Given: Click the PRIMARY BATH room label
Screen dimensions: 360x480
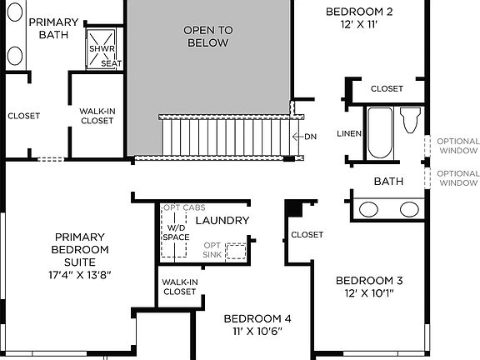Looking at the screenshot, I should pos(53,28).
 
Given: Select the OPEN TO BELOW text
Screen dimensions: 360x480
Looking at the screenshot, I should pos(207,36).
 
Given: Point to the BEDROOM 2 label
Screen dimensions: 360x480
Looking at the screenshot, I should pos(358,18).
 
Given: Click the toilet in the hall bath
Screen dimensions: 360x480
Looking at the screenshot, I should pos(409,120).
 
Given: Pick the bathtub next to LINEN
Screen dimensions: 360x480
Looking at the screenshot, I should pos(380,132).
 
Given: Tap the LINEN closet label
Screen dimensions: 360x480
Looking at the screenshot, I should pos(349,133).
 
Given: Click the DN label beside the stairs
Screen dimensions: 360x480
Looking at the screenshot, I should pos(310,137).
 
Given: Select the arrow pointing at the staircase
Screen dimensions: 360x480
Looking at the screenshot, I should pos(297,137).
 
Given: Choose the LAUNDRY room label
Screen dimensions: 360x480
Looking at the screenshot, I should pos(222,220).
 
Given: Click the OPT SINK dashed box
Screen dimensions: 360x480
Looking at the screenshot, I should pos(237,252).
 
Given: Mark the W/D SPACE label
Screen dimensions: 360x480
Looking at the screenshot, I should pos(175,232).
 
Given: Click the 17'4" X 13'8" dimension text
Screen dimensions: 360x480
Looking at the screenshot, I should pos(80,273).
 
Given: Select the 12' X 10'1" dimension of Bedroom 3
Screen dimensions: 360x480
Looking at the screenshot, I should pos(370,292).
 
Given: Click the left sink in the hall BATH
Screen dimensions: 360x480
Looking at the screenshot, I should pos(369,208).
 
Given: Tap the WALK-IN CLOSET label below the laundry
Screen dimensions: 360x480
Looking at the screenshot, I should pos(179,287).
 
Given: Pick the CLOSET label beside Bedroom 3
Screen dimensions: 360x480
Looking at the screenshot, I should pos(307,235).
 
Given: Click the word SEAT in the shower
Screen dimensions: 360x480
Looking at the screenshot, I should pos(109,62).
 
